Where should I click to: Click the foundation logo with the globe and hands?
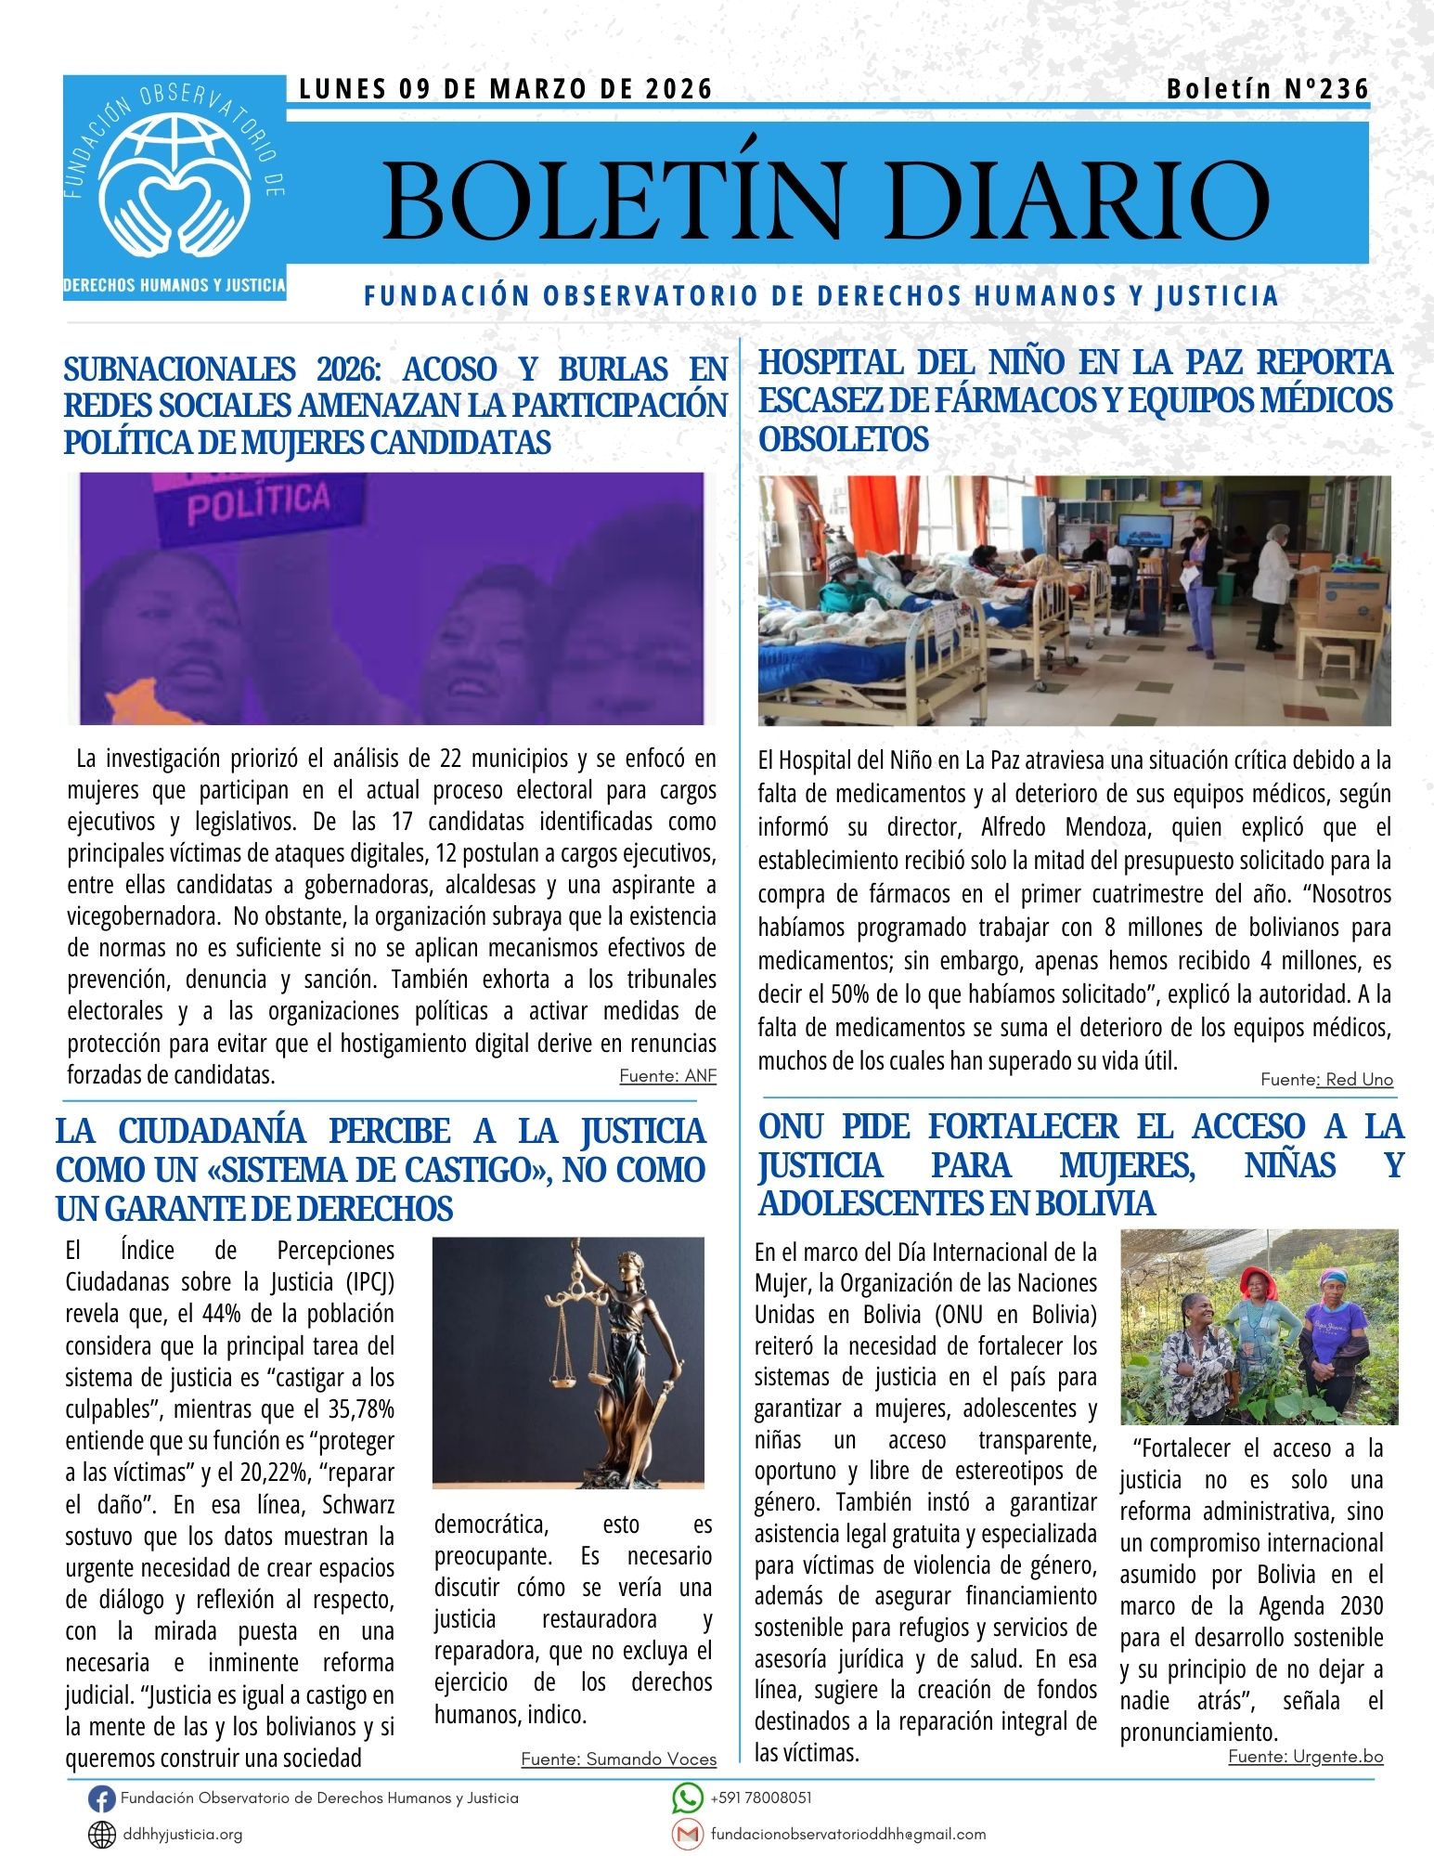point(174,187)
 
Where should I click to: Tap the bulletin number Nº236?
point(1267,89)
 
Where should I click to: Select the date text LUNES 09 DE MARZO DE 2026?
point(506,89)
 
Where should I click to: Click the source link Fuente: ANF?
point(667,1076)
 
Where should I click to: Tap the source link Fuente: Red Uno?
point(1326,1079)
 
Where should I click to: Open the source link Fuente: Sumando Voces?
point(618,1759)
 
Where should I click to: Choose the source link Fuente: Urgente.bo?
point(1305,1756)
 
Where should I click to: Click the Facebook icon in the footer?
point(101,1798)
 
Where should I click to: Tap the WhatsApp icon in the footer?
point(687,1798)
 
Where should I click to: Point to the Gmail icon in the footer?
point(687,1834)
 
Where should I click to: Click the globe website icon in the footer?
point(101,1835)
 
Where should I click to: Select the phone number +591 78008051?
point(761,1798)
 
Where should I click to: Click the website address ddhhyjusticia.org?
point(182,1835)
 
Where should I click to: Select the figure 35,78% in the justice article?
point(361,1409)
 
